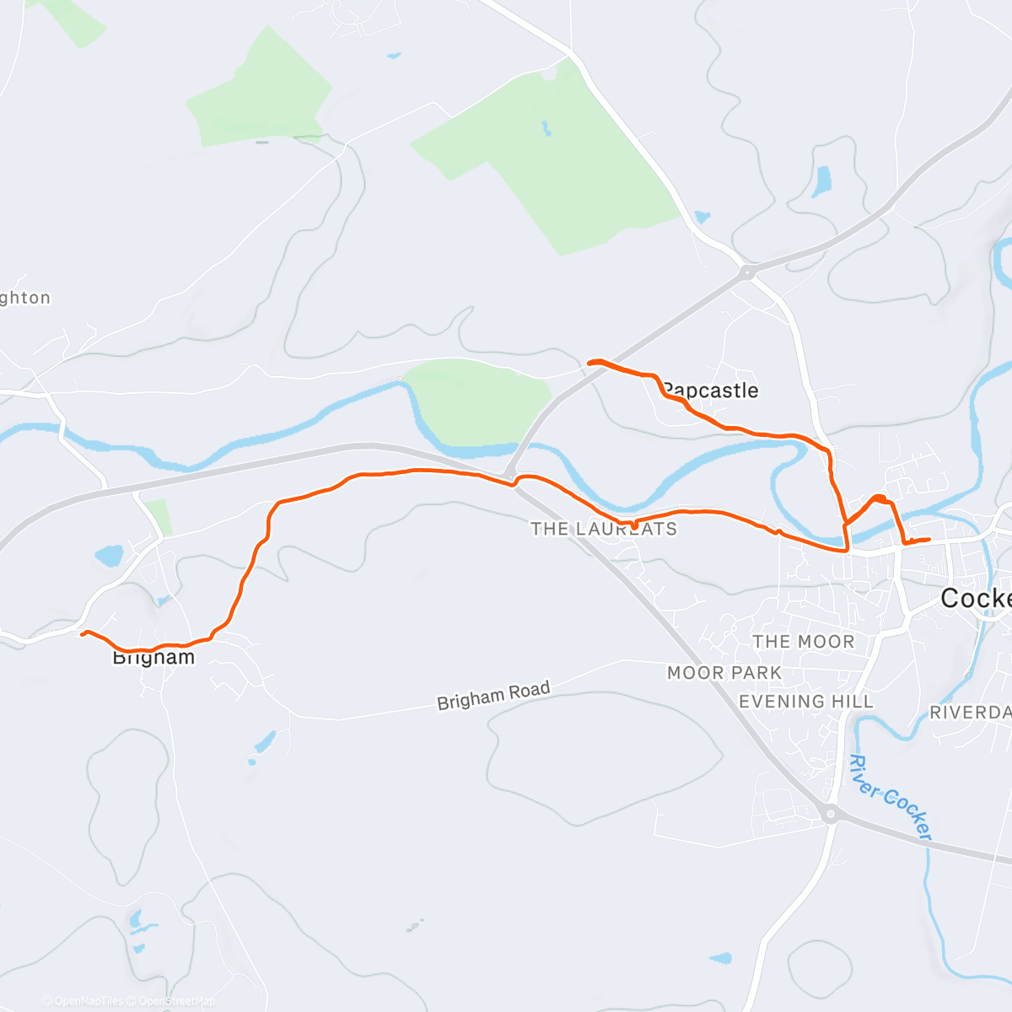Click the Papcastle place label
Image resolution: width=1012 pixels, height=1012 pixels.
point(711,390)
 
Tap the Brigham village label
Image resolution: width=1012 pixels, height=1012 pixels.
point(153,657)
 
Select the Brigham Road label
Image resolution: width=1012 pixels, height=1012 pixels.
point(493,696)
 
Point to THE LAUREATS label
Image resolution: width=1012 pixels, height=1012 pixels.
point(604,530)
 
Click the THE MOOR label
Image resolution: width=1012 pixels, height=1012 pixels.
point(804,642)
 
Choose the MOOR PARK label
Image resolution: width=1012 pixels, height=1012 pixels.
point(724,673)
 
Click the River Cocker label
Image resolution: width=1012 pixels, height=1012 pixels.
point(890,798)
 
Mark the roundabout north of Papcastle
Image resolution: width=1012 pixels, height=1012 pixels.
point(746,272)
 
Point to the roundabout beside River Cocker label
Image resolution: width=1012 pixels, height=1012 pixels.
point(832,814)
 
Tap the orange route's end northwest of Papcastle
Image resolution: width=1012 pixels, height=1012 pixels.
point(589,363)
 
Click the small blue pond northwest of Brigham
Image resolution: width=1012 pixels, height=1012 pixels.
point(109,556)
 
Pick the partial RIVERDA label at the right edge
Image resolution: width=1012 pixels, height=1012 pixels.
point(970,713)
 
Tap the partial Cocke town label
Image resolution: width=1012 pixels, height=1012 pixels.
point(976,598)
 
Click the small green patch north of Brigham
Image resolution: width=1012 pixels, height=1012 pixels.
point(159,516)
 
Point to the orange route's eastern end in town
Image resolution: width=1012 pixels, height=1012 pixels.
point(929,539)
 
